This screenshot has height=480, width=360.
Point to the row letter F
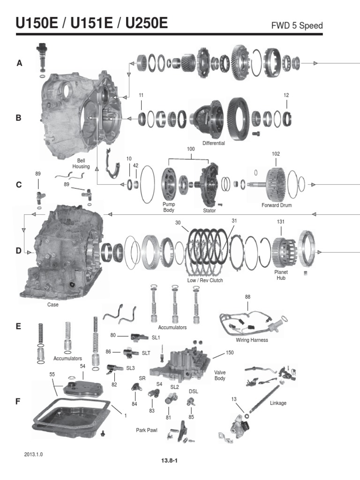18,401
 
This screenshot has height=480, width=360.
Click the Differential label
214,143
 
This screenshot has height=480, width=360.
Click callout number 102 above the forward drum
276,153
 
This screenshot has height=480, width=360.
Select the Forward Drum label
277,205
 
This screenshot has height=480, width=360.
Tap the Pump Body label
168,208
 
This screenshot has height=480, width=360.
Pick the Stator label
209,211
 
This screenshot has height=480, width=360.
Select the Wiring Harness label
252,340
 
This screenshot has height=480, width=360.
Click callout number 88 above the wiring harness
248,297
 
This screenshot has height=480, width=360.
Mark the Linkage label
278,403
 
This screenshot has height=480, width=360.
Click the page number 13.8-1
172,460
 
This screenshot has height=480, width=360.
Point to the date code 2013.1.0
34,454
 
